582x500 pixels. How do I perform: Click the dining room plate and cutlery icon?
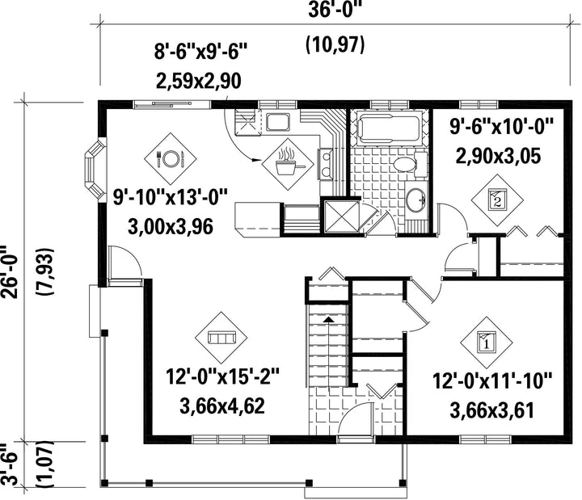[x=171, y=159]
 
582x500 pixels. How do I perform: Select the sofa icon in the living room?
[x=221, y=338]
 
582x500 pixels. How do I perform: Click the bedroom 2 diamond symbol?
[x=497, y=200]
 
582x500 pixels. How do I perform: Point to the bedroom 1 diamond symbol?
[x=487, y=342]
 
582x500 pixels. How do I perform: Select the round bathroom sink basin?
[x=415, y=199]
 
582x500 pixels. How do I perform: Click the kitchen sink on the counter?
[x=278, y=122]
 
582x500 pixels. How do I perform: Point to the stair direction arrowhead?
[x=328, y=319]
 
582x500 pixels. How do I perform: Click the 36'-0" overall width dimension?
[x=335, y=10]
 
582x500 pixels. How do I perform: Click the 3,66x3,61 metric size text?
[x=492, y=410]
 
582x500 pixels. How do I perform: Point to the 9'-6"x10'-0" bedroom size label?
[x=502, y=128]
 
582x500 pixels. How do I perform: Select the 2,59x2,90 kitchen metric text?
[x=199, y=82]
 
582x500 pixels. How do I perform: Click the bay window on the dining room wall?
[x=95, y=170]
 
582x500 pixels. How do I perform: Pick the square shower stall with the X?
[x=341, y=216]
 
